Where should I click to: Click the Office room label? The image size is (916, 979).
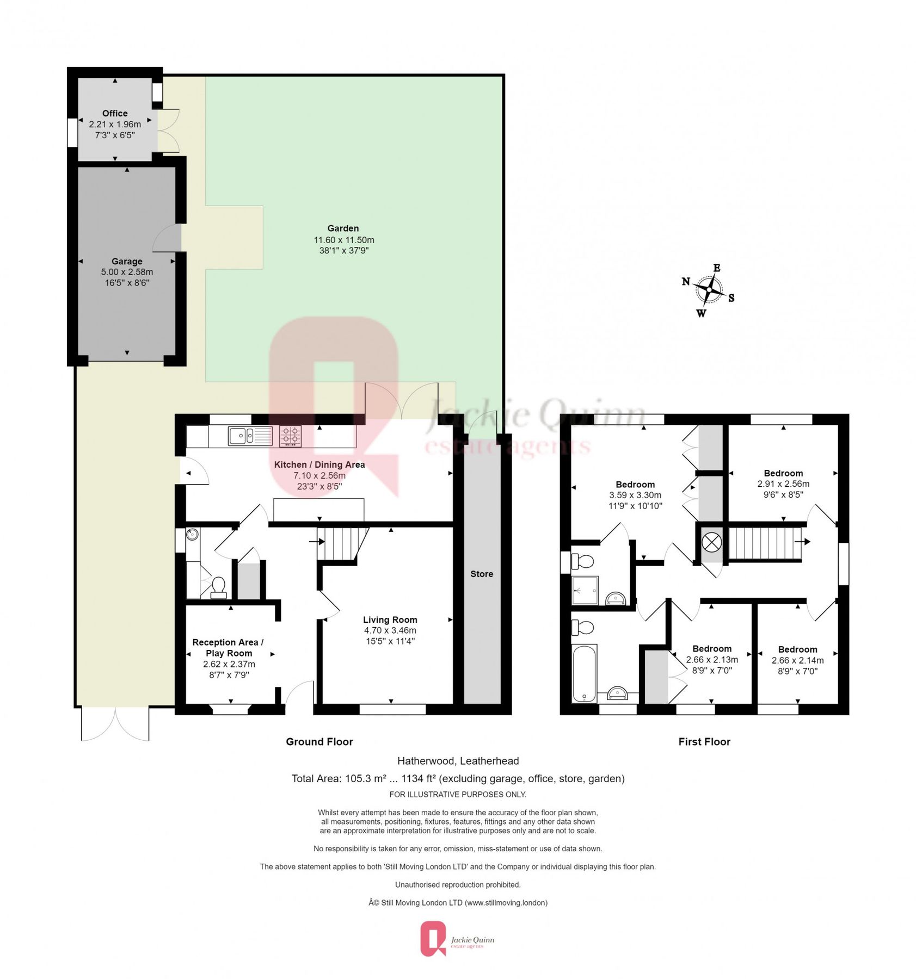[x=115, y=113]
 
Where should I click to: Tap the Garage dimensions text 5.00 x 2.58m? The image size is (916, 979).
[x=127, y=272]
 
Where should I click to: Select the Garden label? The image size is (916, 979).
[x=343, y=228]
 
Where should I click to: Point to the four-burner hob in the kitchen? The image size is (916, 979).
[x=290, y=436]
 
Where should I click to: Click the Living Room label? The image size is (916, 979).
[x=390, y=619]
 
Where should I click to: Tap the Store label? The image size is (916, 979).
[x=481, y=574]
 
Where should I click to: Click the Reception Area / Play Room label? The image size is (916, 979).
[x=228, y=647]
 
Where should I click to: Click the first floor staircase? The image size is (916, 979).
[x=764, y=543]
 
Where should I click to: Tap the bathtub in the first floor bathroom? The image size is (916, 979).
[x=584, y=673]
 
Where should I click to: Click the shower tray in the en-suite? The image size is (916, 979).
[x=585, y=590]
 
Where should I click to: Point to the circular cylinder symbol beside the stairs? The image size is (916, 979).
[x=711, y=542]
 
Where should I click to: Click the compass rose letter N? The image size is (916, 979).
[x=686, y=281]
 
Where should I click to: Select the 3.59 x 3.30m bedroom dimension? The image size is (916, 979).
[x=635, y=495]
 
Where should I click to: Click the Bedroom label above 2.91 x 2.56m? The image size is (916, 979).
[x=783, y=473]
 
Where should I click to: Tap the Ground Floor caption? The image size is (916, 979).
[x=319, y=742]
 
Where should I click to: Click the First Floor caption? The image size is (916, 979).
[x=704, y=742]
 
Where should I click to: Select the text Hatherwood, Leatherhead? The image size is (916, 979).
[x=458, y=761]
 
